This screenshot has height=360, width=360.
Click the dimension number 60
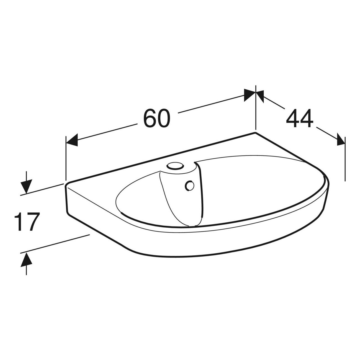[x=157, y=118]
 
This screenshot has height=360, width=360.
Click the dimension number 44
[x=300, y=118]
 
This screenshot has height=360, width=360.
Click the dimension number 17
[x=27, y=222]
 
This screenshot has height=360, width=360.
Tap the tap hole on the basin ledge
[x=175, y=166]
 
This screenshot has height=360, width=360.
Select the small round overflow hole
[x=190, y=186]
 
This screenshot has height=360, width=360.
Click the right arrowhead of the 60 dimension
[x=250, y=95]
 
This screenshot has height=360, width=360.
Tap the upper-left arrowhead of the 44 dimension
[x=260, y=96]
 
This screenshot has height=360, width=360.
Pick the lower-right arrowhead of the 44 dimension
[x=341, y=139]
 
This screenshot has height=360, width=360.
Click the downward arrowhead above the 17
[x=26, y=186]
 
